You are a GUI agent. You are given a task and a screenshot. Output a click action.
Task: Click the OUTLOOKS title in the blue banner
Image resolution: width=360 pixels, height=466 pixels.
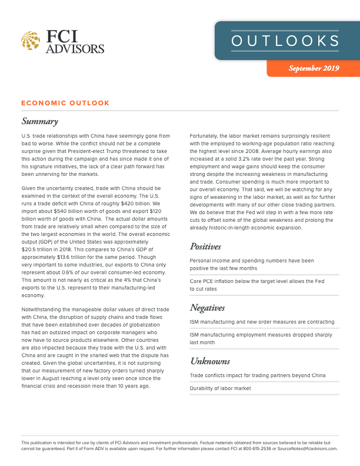tap(285, 41)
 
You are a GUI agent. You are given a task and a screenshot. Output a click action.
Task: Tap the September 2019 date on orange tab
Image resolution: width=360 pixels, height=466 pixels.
tap(314, 69)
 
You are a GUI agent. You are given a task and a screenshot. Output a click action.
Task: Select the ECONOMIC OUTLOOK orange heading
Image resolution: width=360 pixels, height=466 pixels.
tap(65, 103)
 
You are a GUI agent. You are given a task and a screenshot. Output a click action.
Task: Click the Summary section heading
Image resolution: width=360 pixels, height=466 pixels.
tap(39, 122)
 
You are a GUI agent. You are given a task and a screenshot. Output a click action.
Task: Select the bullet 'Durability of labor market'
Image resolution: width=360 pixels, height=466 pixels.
tap(220, 388)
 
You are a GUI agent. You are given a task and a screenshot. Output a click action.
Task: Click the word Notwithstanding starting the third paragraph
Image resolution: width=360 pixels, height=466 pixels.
tap(44, 308)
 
